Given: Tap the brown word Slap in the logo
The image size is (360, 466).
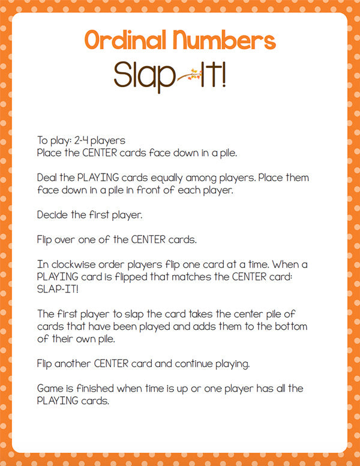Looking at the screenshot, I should coord(142,76).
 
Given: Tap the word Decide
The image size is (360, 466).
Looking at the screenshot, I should coord(53,214).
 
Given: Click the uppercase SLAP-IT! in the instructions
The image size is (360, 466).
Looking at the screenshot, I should coord(58,289).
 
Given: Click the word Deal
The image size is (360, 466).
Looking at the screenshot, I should coord(48,178).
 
